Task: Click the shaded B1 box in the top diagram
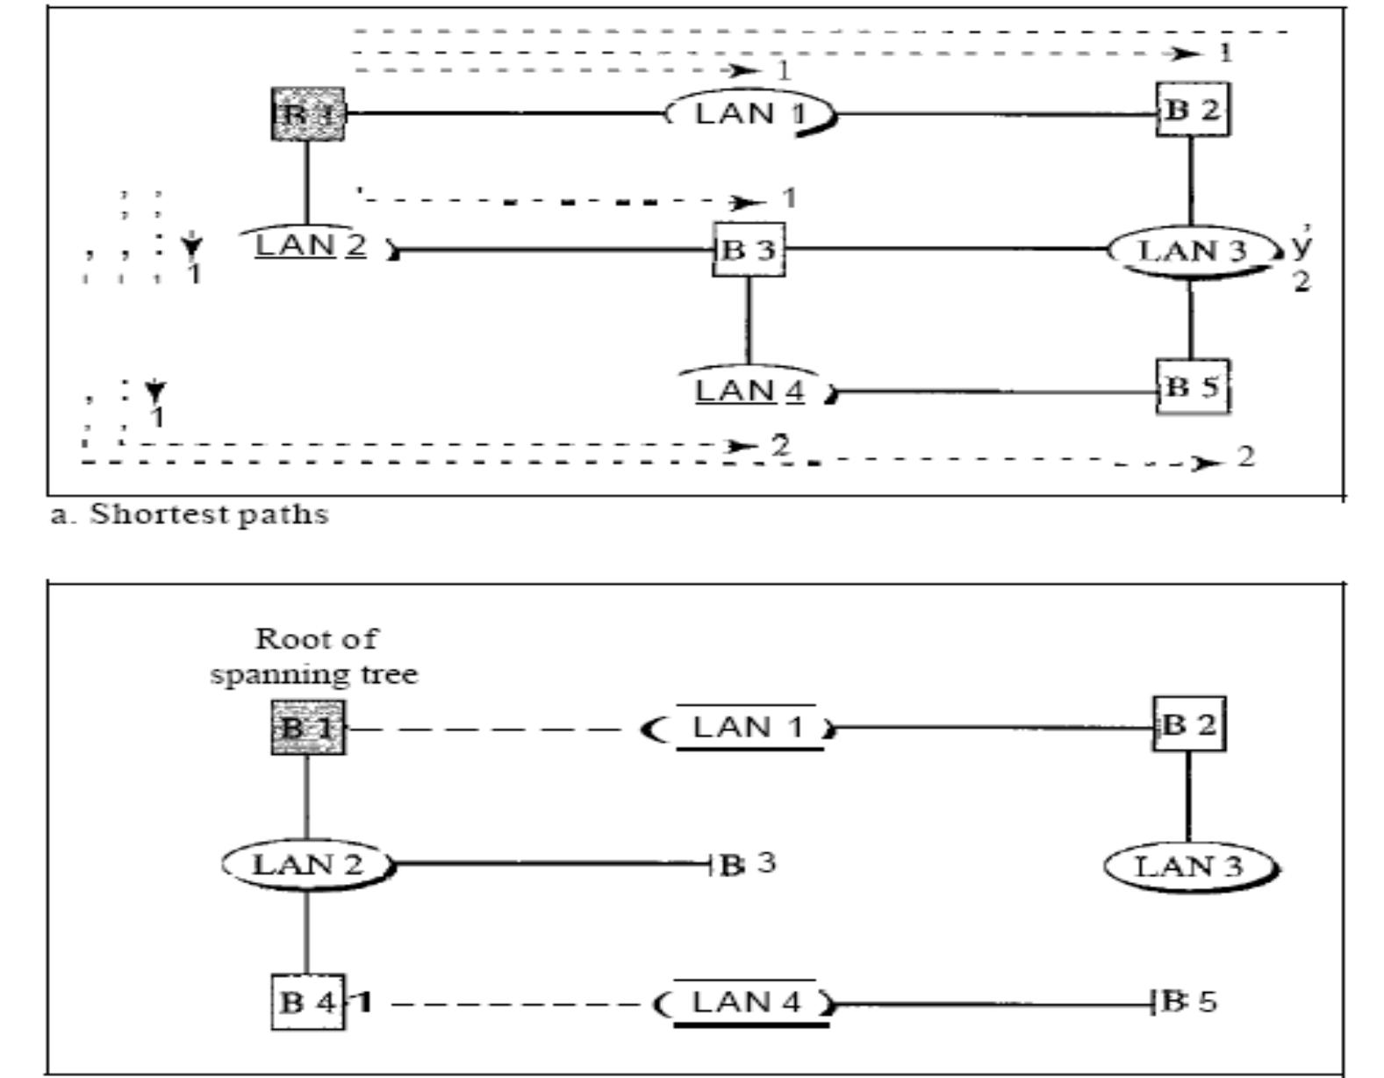point(307,114)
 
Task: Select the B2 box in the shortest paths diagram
point(1192,110)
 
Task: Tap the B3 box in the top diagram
point(749,250)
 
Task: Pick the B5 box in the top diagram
point(1192,386)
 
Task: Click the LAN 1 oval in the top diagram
point(749,113)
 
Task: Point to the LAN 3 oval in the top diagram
point(1192,252)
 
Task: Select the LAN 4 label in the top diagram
point(749,390)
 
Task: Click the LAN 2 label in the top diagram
point(309,245)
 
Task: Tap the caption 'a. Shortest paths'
point(189,514)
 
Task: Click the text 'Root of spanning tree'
point(314,656)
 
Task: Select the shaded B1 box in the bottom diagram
point(307,728)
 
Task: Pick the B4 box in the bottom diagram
point(307,1002)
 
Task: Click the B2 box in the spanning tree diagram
point(1188,724)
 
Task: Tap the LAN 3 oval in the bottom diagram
point(1189,867)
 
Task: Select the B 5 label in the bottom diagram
point(1190,1002)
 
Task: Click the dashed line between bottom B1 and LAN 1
point(491,729)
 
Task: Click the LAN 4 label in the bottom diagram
point(746,1002)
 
